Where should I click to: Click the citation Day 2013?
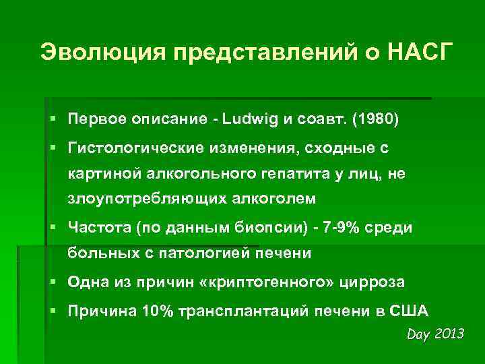pos(436,334)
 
